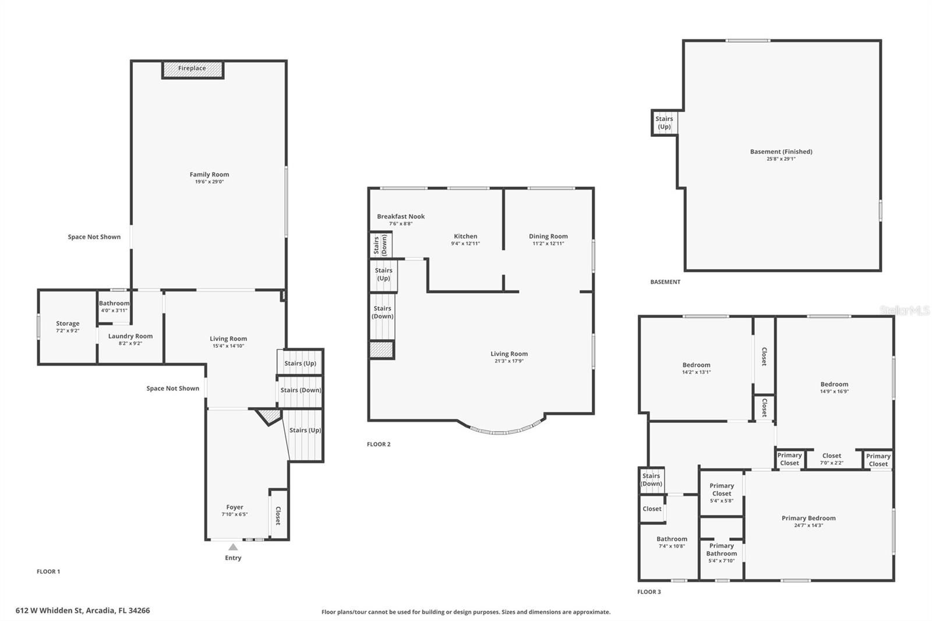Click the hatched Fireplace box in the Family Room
(192, 69)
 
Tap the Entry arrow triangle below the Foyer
(233, 547)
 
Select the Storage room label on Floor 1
(68, 323)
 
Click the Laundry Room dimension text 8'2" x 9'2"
(130, 344)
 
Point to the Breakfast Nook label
(401, 216)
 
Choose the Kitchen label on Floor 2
(465, 236)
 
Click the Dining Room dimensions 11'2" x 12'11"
(548, 244)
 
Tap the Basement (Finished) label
(781, 151)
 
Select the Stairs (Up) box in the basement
(664, 122)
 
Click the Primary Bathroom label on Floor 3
(721, 549)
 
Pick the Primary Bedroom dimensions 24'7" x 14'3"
(809, 525)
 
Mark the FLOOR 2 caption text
(379, 444)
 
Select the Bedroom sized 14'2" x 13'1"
(696, 368)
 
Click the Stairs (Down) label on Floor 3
(651, 479)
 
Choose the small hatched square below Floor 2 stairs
(382, 350)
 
